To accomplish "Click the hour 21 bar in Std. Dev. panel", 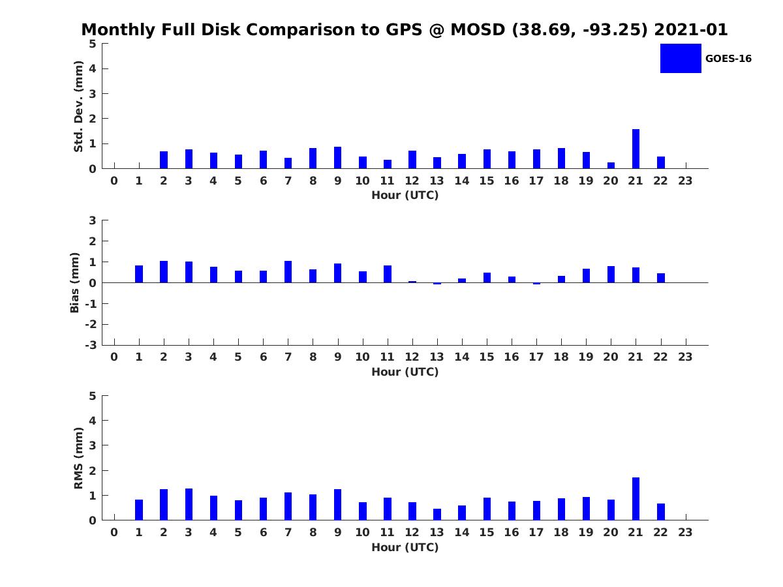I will (x=636, y=149).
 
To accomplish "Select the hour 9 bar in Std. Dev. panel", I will (x=337, y=158).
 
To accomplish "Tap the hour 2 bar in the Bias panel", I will (x=164, y=272).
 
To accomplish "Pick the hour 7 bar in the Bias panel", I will (x=288, y=272).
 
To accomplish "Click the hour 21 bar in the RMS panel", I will (x=636, y=499).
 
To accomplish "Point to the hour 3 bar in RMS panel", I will (x=189, y=504).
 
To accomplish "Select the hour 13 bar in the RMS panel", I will (x=437, y=515).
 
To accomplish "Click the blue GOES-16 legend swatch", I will (x=681, y=58).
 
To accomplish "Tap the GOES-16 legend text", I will (x=728, y=59).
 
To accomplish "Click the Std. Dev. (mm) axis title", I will (x=78, y=106).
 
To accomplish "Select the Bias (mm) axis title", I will (x=75, y=282).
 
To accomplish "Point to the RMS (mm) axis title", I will (x=78, y=458).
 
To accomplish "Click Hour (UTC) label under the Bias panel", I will (x=405, y=372).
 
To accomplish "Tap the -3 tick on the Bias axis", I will (x=92, y=345).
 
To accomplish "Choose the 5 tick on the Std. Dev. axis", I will (x=93, y=44).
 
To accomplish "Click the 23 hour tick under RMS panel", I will (x=685, y=532).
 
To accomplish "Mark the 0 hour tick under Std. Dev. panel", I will (x=114, y=181).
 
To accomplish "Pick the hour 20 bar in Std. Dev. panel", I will (x=611, y=165).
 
